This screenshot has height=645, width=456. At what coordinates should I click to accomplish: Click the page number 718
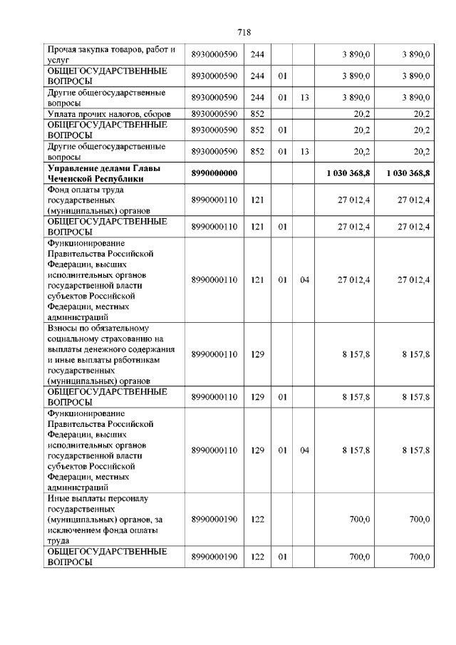(244, 33)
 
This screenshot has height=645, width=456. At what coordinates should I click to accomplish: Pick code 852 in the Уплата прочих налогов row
(257, 114)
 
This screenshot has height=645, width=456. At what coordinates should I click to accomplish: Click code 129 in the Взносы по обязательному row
(257, 354)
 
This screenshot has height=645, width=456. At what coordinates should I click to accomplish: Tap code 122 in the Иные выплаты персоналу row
(257, 520)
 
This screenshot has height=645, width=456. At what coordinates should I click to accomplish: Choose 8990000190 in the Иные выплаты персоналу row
(214, 520)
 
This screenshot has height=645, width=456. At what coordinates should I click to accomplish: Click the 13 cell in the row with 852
(304, 152)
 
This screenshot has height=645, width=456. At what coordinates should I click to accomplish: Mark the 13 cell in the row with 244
(304, 97)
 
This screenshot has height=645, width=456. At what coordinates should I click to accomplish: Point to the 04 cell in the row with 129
(304, 450)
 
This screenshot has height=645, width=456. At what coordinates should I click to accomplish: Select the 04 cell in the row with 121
(304, 280)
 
